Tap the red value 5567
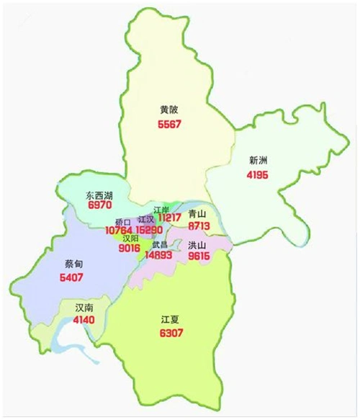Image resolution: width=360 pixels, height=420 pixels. (x=169, y=124)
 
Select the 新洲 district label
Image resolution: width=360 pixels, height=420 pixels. (x=258, y=160)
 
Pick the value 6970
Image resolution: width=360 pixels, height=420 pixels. (x=98, y=205)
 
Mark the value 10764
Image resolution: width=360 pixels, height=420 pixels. (x=119, y=230)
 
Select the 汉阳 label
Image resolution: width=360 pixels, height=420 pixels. (x=130, y=238)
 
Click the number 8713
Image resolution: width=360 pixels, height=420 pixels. (x=198, y=225)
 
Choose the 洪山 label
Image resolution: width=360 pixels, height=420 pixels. (x=197, y=245)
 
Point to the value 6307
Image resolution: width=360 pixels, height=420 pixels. (x=171, y=333)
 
